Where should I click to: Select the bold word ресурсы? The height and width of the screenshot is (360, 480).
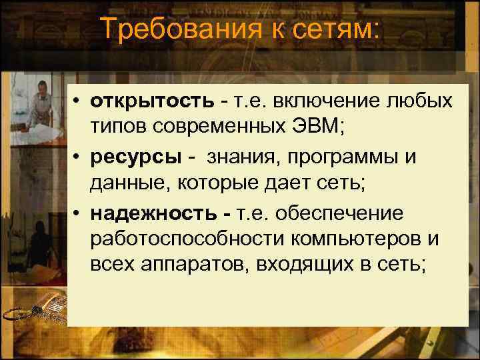131,158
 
